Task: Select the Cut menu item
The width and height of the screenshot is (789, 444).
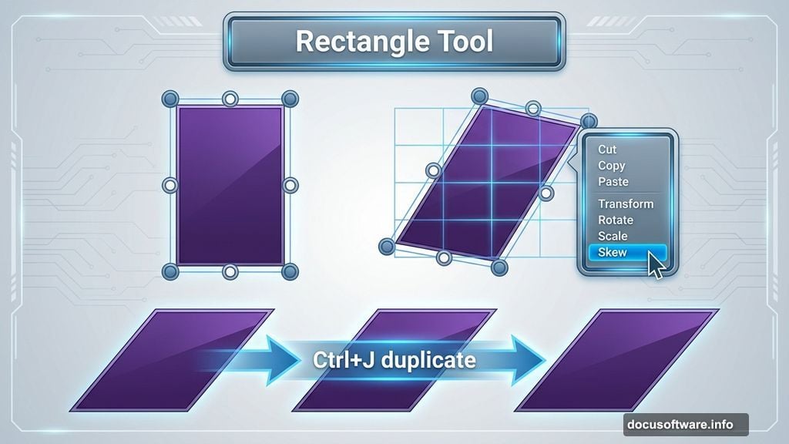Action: (x=607, y=150)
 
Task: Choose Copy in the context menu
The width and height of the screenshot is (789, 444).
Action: (x=611, y=166)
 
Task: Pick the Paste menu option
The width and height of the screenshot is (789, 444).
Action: (x=613, y=182)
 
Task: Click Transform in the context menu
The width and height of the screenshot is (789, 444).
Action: (x=626, y=204)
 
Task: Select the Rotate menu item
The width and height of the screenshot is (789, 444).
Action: (x=616, y=220)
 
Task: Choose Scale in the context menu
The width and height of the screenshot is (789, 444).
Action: (x=613, y=236)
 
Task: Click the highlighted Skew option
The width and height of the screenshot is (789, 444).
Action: (x=613, y=253)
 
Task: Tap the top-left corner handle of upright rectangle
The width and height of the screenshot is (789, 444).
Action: (x=170, y=99)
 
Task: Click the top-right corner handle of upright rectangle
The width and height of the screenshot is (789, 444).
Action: (x=290, y=99)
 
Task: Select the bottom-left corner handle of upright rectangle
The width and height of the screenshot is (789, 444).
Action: (x=170, y=271)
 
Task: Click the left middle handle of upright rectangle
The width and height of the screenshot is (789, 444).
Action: (x=170, y=185)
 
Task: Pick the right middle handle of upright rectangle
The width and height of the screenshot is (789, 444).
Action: (x=290, y=185)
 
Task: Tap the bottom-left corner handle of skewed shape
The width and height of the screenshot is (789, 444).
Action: (x=388, y=246)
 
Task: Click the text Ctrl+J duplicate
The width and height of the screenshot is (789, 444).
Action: (x=394, y=360)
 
